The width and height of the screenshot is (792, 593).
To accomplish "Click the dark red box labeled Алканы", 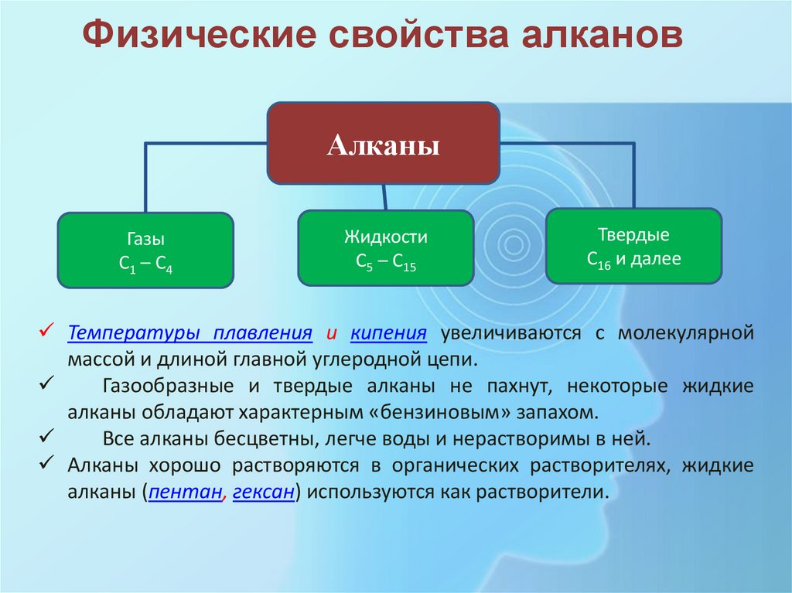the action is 383,143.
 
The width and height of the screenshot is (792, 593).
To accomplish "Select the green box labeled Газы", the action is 146,250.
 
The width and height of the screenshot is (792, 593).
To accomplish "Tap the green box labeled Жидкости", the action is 386,248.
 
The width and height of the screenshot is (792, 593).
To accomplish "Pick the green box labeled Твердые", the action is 633,246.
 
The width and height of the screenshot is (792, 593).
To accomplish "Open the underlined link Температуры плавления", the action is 189,333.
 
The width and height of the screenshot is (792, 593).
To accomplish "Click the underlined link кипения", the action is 388,333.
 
